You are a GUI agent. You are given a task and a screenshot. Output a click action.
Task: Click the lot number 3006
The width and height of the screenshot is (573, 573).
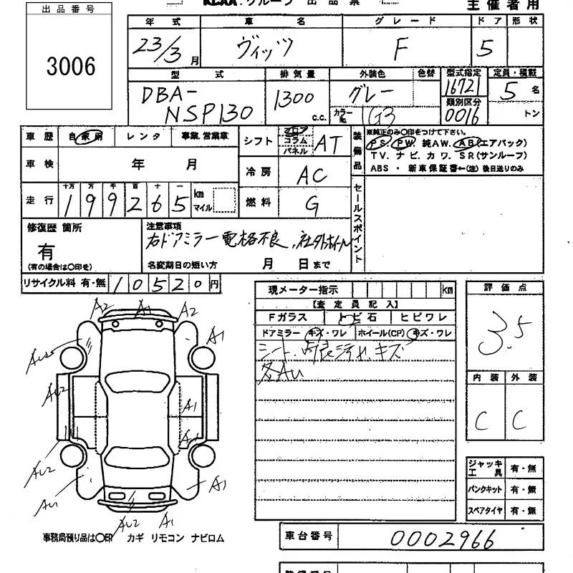pyautogui.click(x=71, y=67)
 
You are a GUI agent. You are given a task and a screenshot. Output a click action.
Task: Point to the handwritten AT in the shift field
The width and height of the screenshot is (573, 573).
pyautogui.click(x=327, y=143)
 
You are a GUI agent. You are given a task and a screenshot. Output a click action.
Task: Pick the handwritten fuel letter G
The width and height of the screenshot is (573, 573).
pyautogui.click(x=312, y=205)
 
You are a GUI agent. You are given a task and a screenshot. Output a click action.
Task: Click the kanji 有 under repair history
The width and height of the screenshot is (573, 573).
pyautogui.click(x=46, y=251)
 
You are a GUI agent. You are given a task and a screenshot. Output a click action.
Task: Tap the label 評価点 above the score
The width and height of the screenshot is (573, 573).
pyautogui.click(x=504, y=288)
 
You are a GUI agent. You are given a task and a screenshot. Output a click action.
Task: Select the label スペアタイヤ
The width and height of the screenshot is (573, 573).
pyautogui.click(x=485, y=511)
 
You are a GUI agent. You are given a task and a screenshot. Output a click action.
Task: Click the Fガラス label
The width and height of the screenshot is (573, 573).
pyautogui.click(x=287, y=317)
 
